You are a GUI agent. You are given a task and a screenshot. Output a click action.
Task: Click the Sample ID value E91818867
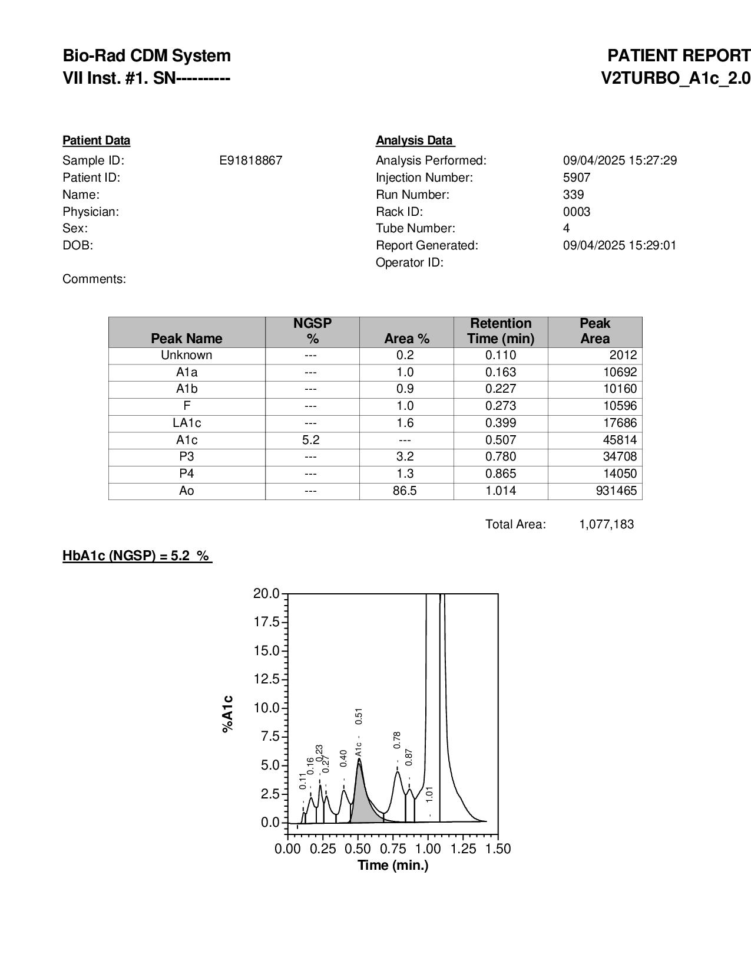coord(250,160)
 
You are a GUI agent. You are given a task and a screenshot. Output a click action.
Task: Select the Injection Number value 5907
coord(576,177)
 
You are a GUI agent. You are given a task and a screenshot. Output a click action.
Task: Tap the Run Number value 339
coord(573,195)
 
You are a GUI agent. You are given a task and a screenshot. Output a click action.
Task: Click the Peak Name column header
coord(186,338)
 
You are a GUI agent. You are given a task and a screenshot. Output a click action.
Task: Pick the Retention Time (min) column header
coord(501,331)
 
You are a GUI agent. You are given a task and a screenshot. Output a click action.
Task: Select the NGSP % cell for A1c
coord(310,440)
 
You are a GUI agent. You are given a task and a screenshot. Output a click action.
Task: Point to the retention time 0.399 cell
coord(501,423)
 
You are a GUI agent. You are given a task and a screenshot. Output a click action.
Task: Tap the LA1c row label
coord(186,423)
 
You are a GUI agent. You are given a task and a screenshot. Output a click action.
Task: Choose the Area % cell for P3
coord(406,456)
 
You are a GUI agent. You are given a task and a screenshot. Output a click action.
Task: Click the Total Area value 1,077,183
coord(606,524)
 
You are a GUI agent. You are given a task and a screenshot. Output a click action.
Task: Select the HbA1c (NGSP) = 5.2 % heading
coord(137,555)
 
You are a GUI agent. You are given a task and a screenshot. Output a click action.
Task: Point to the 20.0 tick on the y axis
coord(266,593)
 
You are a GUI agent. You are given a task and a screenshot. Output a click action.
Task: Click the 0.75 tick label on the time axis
coord(393,849)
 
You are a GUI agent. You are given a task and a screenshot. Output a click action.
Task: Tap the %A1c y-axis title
coord(228,714)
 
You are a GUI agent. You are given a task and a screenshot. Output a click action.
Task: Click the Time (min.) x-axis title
coord(393,865)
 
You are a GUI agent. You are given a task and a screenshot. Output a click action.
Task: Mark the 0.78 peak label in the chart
coord(397,740)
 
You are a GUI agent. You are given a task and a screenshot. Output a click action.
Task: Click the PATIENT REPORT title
coord(679,56)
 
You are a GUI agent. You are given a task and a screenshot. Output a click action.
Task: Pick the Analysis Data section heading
coord(415,140)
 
